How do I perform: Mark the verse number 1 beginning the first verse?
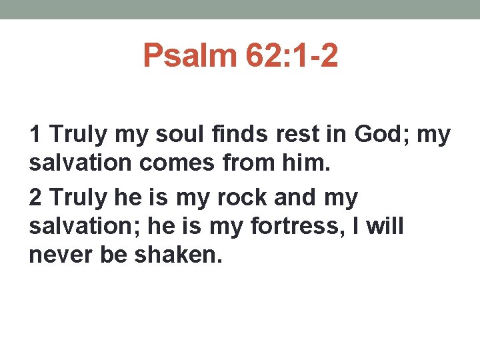point(35,135)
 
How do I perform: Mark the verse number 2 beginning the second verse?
point(36,198)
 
